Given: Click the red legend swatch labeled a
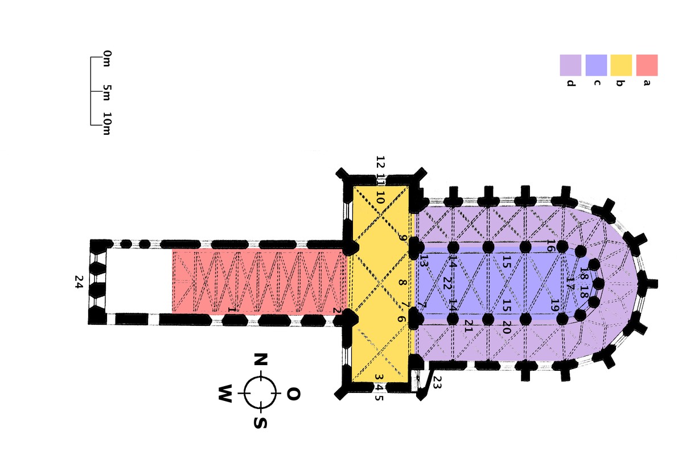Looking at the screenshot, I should coord(647,65).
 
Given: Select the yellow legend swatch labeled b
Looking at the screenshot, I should coord(621,65).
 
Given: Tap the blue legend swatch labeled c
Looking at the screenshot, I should coord(596,65).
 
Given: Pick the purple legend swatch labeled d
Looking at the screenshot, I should coord(570,65).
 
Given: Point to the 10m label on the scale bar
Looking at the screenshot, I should coord(107,123).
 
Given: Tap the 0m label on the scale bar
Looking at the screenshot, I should coord(107,58).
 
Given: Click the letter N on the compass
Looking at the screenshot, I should coord(260,360).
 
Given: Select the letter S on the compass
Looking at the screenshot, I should coord(260,423).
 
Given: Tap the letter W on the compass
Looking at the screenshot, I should coord(226,394).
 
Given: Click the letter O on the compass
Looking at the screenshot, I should coord(293,394).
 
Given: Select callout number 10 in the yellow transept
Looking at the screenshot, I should coord(380,198).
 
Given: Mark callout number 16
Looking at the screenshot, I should coord(550,246).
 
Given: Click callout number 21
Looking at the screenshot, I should coord(469,326).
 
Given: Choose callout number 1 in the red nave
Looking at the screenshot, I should coord(231,310).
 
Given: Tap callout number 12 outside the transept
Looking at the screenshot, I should coord(380,161).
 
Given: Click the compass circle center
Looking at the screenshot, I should coord(260,393).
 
